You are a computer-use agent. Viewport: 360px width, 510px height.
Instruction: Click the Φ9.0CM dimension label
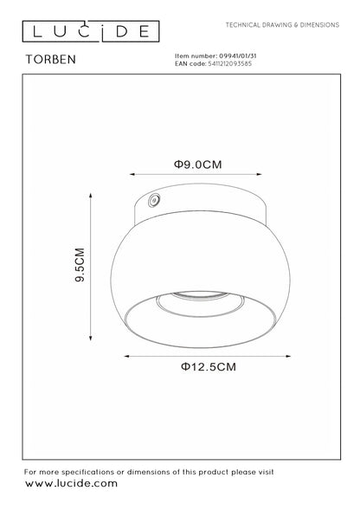pos(197,165)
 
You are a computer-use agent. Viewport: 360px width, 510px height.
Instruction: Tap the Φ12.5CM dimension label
pos(209,367)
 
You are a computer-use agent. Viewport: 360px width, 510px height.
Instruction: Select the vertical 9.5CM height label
pos(80,265)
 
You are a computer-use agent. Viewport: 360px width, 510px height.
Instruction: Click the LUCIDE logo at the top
pos(91,31)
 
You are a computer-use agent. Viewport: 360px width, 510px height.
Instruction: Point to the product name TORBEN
pos(51,59)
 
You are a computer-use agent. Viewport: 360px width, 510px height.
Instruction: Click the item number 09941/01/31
pos(238,56)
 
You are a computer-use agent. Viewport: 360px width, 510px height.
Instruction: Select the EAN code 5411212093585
pos(229,64)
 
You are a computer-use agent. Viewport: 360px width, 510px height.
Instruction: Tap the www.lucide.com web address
pos(71,483)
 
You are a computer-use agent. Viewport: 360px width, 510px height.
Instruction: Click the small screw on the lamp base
pos(154,200)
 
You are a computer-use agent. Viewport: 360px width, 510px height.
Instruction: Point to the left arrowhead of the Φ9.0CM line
pos(132,174)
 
